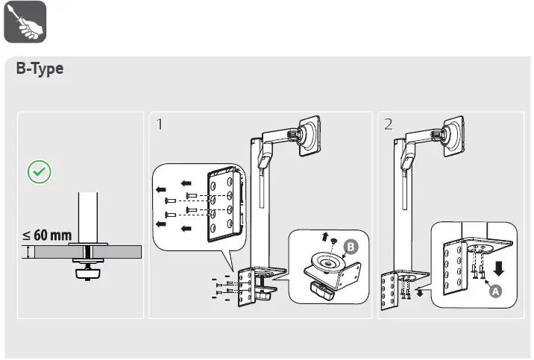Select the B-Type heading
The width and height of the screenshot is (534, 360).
click(40, 69)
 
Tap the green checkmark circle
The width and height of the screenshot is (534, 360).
click(39, 172)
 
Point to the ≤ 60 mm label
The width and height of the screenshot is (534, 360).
click(46, 236)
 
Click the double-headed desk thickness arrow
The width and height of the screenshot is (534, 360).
click(28, 253)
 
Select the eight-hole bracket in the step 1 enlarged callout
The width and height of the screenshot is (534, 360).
click(224, 203)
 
